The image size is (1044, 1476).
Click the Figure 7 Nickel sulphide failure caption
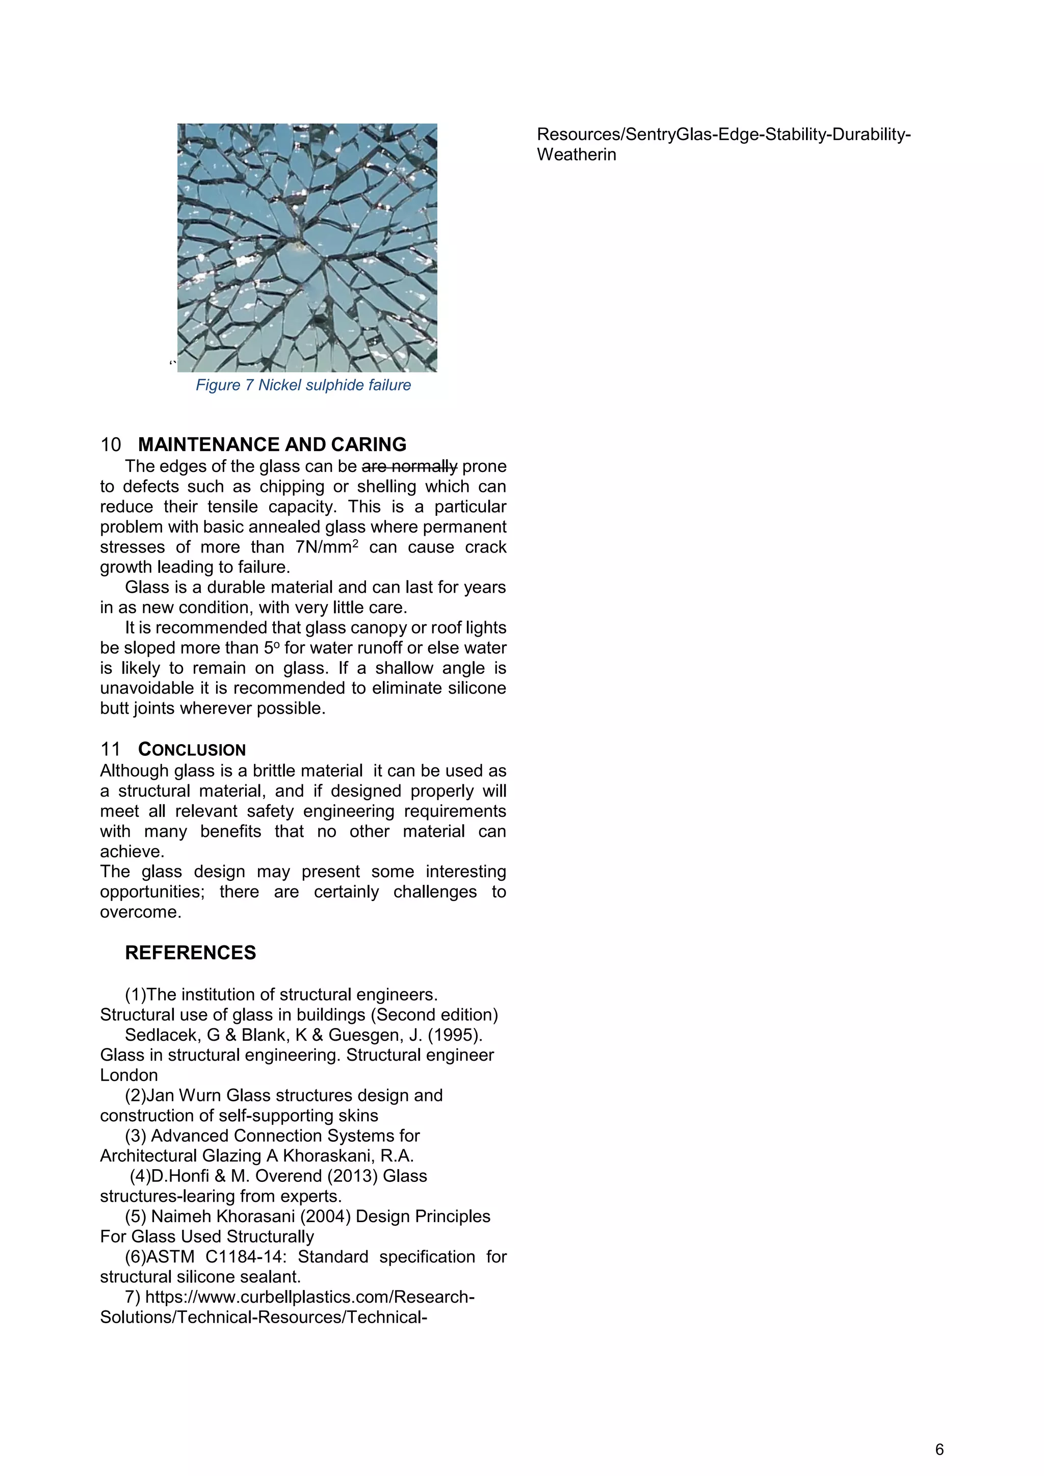(x=303, y=385)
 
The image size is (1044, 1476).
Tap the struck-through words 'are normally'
(x=409, y=466)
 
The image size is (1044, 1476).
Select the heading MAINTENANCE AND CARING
(x=272, y=444)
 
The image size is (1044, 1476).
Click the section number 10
(x=111, y=444)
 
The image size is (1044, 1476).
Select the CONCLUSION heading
(x=192, y=750)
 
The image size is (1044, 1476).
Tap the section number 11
(x=111, y=750)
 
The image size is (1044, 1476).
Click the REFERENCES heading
(x=190, y=953)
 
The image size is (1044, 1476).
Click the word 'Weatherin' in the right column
(x=576, y=154)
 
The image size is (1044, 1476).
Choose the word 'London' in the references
(x=128, y=1075)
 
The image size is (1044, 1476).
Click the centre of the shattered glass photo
(x=307, y=248)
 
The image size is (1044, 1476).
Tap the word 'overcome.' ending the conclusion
(x=140, y=912)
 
